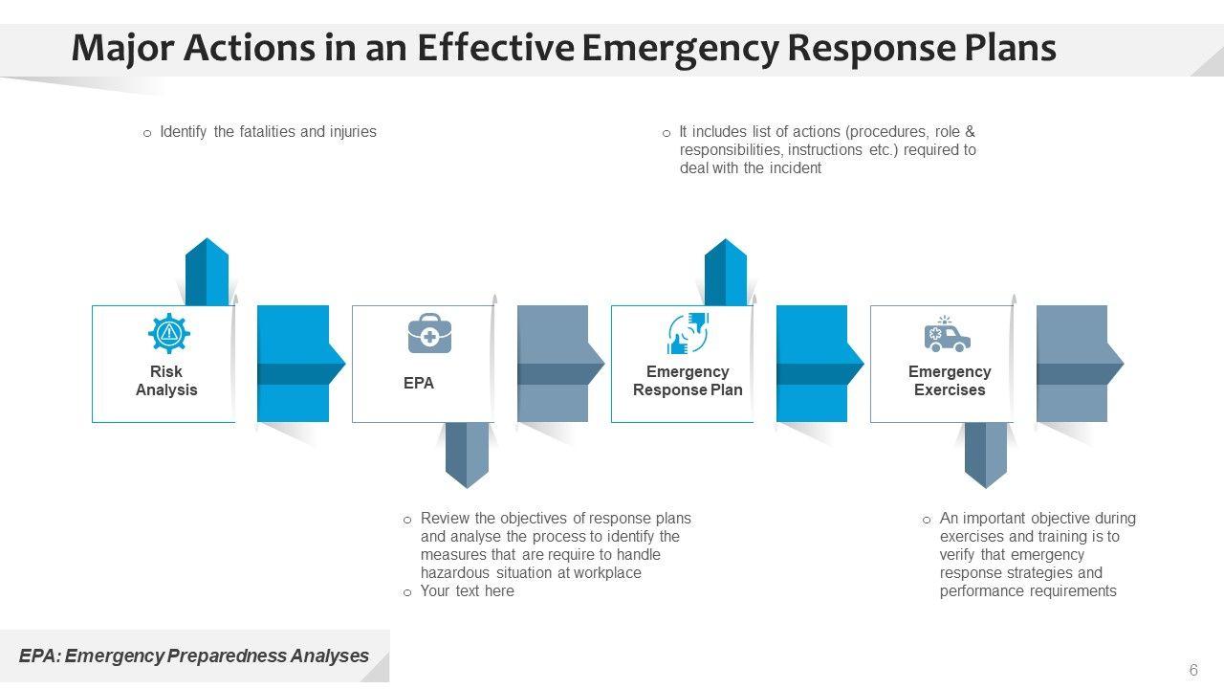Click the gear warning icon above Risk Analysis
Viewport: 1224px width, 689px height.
tap(169, 333)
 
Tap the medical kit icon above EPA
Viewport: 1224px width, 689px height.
tap(429, 333)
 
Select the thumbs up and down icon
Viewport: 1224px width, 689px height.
tap(688, 333)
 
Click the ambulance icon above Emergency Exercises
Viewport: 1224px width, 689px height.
tap(948, 334)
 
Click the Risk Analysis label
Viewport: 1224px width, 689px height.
tap(166, 381)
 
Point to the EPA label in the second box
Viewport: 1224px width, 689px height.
tap(419, 383)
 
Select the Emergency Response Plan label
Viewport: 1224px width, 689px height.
tap(688, 381)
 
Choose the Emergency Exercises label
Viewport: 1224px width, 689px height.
tap(950, 381)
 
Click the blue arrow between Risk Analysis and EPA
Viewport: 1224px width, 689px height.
tap(301, 364)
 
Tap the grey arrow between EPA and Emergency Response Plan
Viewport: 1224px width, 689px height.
tap(560, 364)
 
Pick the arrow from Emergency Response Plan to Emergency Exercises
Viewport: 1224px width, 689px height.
tap(820, 364)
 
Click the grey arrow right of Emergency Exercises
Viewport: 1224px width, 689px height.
tap(1080, 364)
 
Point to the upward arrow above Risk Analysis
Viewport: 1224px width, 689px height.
tap(207, 272)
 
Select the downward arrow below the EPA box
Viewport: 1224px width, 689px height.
tap(467, 456)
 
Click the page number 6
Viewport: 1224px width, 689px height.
tap(1193, 670)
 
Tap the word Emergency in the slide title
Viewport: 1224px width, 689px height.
tap(680, 48)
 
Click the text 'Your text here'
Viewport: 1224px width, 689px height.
tap(468, 591)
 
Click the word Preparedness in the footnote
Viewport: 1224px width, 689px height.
tap(227, 656)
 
